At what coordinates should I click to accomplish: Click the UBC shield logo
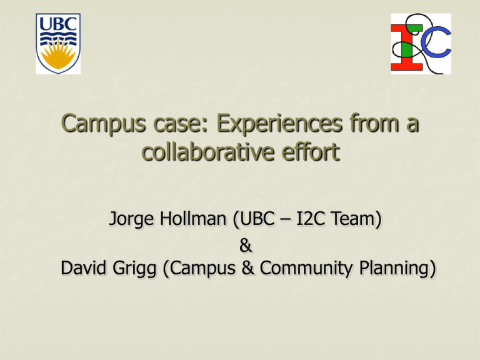coord(58,44)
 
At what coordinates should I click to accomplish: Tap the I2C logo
coord(421,44)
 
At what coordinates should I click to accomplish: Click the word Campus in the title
coord(104,123)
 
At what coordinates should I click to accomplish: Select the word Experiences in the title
coord(279,123)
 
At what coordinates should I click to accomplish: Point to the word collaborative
coord(208,151)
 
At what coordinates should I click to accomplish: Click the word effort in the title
coord(311,151)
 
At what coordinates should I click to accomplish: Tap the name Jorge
coord(132,219)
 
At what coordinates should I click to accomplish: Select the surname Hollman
coord(193,219)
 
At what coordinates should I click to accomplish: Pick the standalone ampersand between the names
coord(246,246)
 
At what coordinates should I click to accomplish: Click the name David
coord(84,268)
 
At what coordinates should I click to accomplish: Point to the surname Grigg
coord(135,269)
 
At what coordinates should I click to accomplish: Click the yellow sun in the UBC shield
coord(58,54)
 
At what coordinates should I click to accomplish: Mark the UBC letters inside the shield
coord(58,24)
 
